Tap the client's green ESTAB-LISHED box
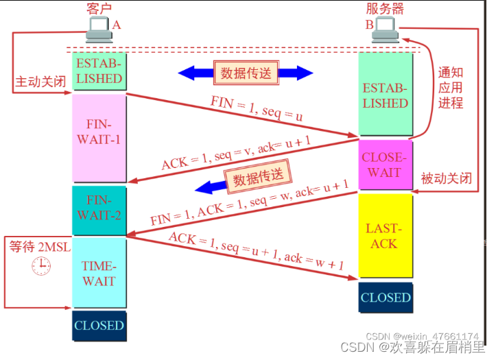coord(99,71)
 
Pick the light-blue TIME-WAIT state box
coord(99,274)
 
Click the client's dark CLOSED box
coord(99,326)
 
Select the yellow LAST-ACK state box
coord(385,237)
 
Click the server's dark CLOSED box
coord(385,298)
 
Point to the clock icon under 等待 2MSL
coord(40,265)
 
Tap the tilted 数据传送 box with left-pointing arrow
coord(258,178)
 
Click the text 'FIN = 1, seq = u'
coord(257,110)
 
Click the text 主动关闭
coord(40,82)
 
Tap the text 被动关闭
coord(447,179)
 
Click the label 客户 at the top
coord(99,8)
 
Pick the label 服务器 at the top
coord(385,8)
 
